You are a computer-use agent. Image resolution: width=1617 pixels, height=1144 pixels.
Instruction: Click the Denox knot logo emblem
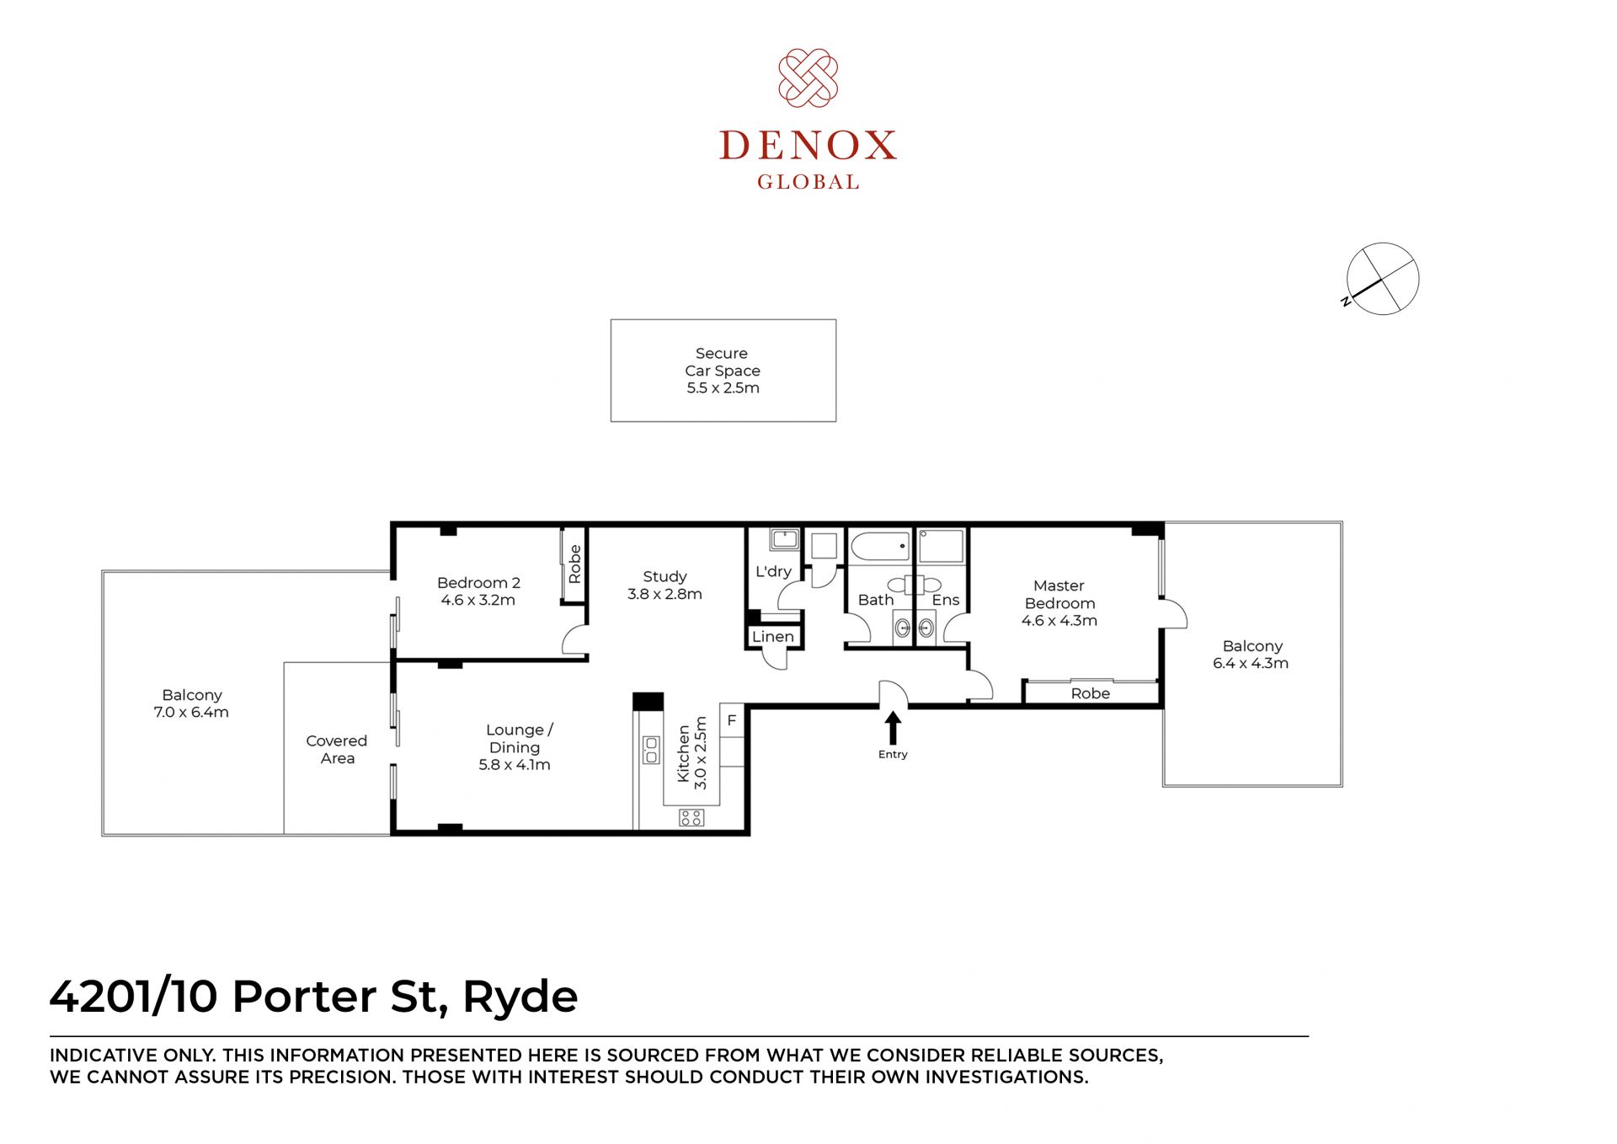click(808, 78)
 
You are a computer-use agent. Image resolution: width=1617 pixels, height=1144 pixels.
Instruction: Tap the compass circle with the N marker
click(1382, 279)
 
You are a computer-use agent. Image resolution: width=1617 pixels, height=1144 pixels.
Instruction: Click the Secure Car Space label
click(723, 362)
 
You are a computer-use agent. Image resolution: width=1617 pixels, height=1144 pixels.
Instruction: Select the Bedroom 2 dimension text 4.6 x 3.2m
click(478, 600)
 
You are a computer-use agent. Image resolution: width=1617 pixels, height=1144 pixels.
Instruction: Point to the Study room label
click(664, 576)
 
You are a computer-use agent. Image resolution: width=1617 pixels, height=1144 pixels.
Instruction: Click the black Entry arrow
click(893, 728)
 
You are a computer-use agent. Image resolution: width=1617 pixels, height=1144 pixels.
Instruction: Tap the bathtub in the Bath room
click(880, 546)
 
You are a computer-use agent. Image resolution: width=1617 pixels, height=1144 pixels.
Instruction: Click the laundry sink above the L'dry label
click(784, 539)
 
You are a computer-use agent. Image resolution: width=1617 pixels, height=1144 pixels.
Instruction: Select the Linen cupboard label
click(773, 637)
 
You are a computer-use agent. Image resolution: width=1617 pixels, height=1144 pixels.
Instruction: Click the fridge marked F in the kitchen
click(732, 721)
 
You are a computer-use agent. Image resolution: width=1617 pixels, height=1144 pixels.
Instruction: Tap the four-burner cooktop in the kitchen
click(691, 817)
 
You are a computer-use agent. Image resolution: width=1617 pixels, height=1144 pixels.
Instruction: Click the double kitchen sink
click(651, 750)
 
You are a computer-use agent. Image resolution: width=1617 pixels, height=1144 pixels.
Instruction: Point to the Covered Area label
click(337, 749)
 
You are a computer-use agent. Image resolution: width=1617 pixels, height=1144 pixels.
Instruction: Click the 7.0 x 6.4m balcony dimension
click(191, 712)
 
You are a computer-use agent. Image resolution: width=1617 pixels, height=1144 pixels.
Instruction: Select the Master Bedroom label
click(1059, 594)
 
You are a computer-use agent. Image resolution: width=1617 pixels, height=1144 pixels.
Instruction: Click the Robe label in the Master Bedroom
click(1091, 693)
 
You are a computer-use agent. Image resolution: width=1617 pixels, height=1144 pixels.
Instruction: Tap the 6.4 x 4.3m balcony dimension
click(1251, 663)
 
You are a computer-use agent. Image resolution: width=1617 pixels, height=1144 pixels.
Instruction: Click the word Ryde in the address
click(520, 998)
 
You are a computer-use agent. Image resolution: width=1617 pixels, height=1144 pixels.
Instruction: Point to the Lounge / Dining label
click(518, 738)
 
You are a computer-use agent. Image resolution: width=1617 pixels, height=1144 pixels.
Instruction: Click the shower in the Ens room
click(942, 546)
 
